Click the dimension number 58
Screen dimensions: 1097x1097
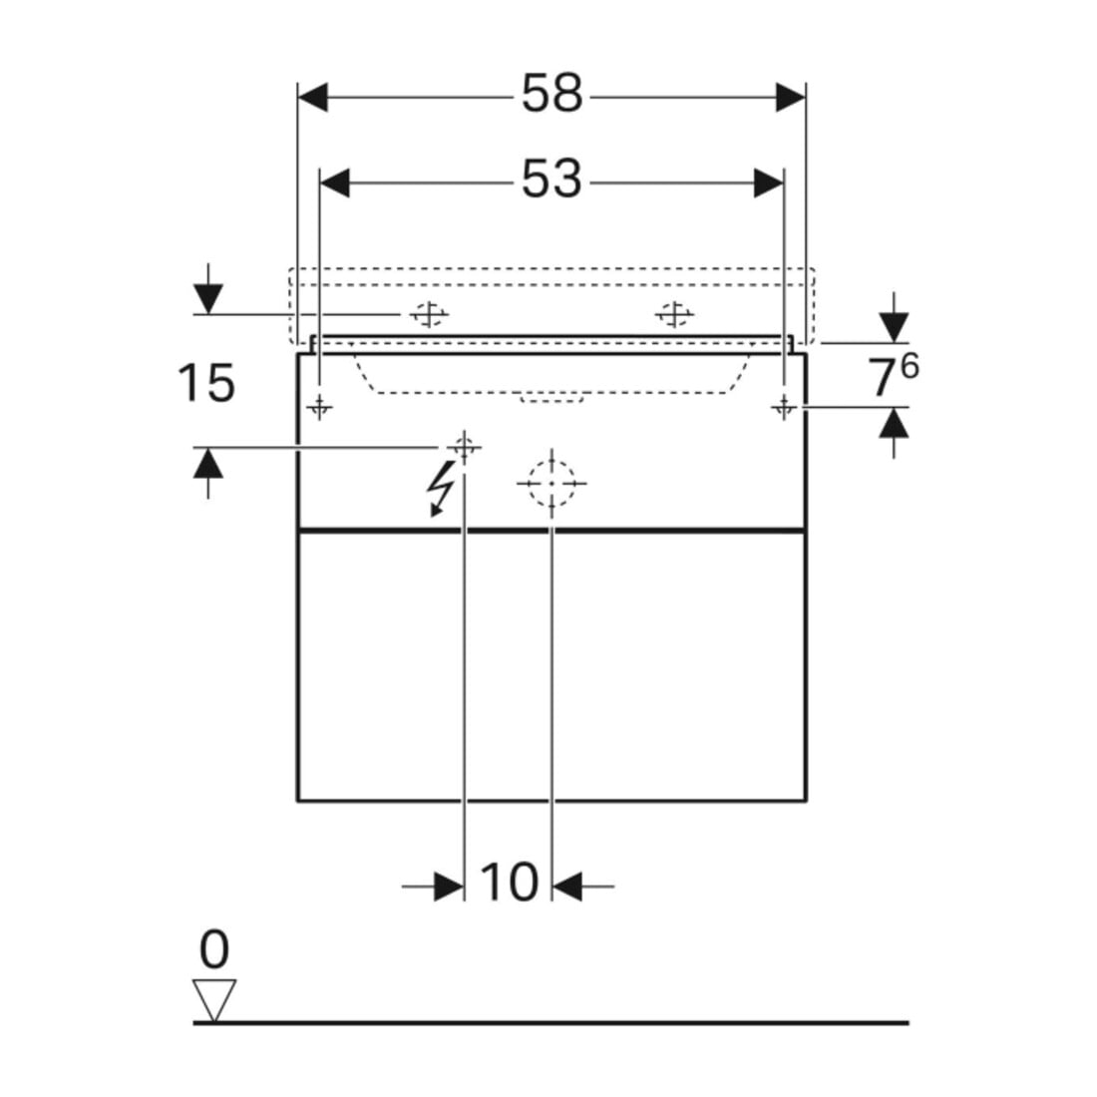551,94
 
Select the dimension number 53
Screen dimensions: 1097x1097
551,180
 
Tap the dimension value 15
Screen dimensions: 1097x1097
205,383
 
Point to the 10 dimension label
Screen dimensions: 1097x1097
510,883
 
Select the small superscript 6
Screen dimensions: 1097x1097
909,366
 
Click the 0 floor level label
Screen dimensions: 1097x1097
214,949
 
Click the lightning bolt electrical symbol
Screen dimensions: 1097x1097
441,489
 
